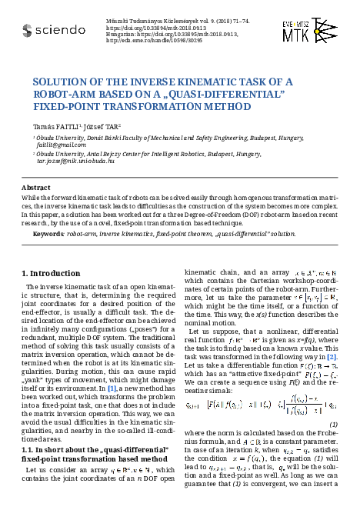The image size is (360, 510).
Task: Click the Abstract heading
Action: [36, 187]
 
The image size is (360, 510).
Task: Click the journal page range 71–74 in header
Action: [217, 16]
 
